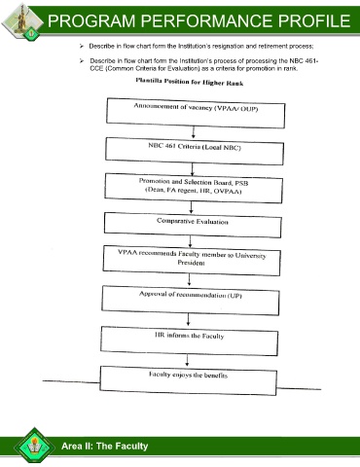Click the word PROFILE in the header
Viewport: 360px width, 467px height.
coord(314,20)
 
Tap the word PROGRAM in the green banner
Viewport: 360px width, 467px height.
coord(91,20)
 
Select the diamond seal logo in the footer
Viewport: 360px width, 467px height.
coord(34,446)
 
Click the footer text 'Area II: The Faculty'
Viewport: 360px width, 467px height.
coord(105,446)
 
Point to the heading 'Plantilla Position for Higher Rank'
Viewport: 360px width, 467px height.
coord(190,82)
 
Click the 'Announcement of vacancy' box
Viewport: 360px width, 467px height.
coord(196,113)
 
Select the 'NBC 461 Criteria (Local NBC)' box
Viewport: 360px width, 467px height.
coord(195,152)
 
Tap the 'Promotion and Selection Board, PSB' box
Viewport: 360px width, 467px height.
coord(194,189)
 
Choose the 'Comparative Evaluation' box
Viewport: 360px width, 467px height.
coord(193,225)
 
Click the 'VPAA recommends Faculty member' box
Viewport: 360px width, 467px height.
coord(192,261)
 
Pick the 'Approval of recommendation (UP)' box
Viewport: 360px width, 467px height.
coord(191,301)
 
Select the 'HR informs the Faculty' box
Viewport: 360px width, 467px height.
coord(189,341)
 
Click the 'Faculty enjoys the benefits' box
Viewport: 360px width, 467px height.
coord(188,380)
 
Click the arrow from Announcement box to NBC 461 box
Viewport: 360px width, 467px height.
coord(194,132)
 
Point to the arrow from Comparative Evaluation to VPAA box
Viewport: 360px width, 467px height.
coord(190,241)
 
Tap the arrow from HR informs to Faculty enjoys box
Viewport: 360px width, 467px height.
coord(187,360)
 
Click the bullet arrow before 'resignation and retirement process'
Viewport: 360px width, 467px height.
coord(82,46)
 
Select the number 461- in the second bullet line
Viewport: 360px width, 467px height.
coord(311,61)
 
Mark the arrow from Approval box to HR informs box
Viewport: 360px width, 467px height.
coord(188,320)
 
